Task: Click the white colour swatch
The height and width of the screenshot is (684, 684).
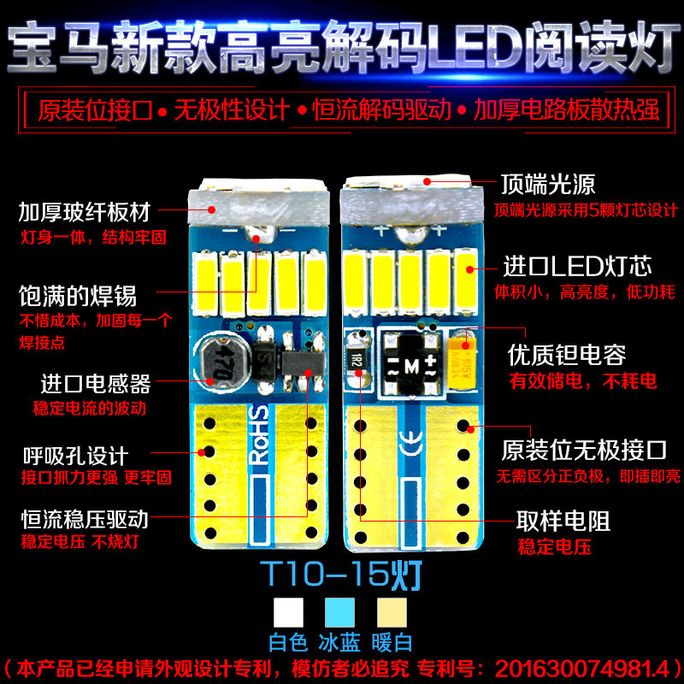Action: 288,612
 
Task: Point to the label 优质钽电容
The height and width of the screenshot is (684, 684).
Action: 567,354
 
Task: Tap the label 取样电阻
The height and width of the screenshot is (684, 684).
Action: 563,521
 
